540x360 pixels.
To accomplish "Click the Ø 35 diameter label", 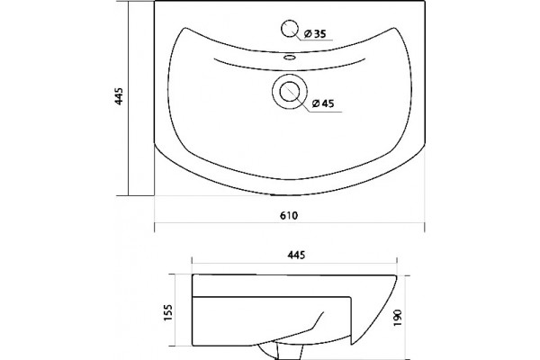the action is pyautogui.click(x=315, y=34).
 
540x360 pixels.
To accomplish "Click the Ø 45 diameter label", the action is pyautogui.click(x=323, y=103).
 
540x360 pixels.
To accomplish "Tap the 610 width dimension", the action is pyautogui.click(x=289, y=216).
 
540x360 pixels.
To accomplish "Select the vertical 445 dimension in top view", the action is pyautogui.click(x=119, y=96).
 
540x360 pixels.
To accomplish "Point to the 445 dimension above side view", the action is pyautogui.click(x=296, y=255).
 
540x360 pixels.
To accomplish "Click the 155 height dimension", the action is pyautogui.click(x=167, y=313).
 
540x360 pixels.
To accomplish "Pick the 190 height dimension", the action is pyautogui.click(x=398, y=319).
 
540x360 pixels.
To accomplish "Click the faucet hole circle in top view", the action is pyautogui.click(x=290, y=29).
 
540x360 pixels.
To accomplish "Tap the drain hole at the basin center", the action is pyautogui.click(x=290, y=92).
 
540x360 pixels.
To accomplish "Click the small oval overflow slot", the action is pyautogui.click(x=290, y=58).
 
